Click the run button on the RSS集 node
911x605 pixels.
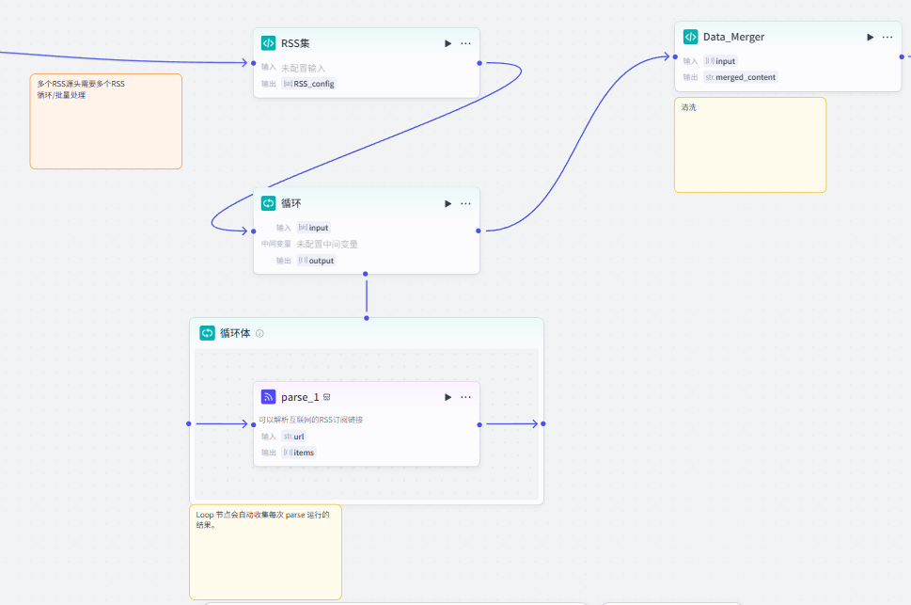click(x=448, y=43)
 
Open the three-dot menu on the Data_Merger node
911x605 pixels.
click(x=887, y=38)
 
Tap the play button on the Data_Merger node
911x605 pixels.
click(x=871, y=38)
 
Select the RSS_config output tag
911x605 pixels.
click(x=308, y=84)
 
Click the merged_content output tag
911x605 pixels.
click(x=740, y=77)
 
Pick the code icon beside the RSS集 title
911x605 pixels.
click(x=269, y=43)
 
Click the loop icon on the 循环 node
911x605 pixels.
click(x=269, y=203)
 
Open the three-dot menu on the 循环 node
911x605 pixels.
click(x=465, y=203)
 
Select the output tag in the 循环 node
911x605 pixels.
click(x=316, y=261)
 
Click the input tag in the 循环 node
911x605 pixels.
click(x=313, y=228)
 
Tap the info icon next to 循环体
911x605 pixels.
click(x=259, y=333)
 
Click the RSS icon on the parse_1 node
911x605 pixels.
click(x=269, y=397)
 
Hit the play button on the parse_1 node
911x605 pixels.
click(x=448, y=397)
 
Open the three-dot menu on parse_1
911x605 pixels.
click(x=465, y=397)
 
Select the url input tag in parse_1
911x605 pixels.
click(x=293, y=437)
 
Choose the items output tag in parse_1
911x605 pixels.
click(x=299, y=453)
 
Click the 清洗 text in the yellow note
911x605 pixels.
click(x=688, y=107)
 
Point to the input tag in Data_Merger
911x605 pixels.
click(x=720, y=61)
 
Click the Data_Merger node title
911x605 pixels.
click(x=734, y=38)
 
